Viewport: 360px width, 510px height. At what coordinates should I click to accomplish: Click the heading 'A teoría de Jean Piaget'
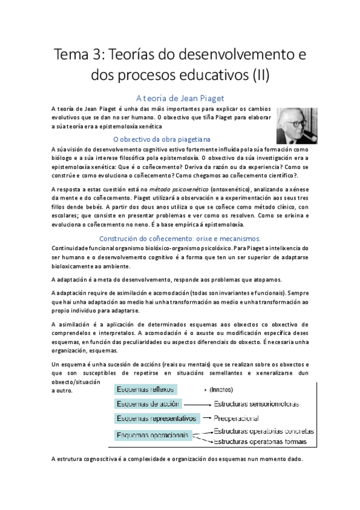(x=180, y=97)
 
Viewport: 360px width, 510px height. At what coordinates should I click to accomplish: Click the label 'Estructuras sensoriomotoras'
(x=257, y=404)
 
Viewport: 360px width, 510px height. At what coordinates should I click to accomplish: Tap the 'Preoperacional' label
(x=237, y=418)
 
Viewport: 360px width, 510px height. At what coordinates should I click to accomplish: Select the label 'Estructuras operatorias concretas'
(x=264, y=431)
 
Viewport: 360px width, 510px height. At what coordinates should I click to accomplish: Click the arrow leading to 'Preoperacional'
(x=207, y=418)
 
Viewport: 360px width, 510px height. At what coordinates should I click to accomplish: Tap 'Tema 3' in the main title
(x=77, y=55)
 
